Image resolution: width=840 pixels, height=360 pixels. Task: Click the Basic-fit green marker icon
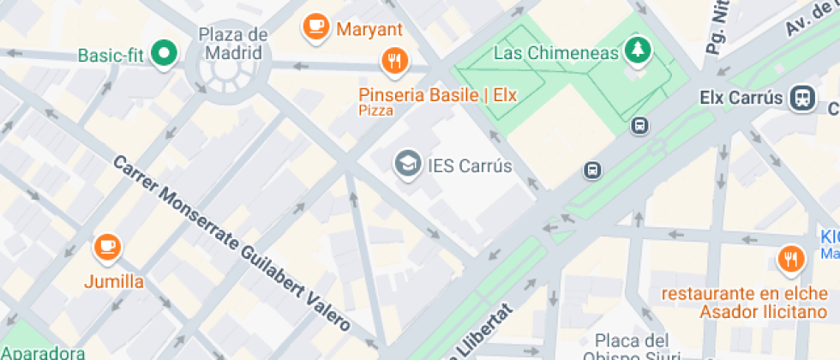pos(163,55)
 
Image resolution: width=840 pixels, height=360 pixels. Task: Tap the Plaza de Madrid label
pos(231,43)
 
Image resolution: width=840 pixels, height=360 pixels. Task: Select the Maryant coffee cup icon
pos(315,27)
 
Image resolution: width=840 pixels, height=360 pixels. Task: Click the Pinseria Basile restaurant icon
pos(394,60)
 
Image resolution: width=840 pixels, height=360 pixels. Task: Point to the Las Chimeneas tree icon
pos(637,51)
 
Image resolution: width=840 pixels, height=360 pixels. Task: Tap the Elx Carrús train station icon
pos(803,97)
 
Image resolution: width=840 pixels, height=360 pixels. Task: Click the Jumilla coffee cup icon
pos(106,247)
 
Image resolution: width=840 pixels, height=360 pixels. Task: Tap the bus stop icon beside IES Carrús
pos(592,170)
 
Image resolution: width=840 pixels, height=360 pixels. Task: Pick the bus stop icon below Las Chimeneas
pos(639,126)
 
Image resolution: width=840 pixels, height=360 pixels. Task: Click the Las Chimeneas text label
pos(555,53)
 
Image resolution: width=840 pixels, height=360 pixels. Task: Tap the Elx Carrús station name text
pos(741,98)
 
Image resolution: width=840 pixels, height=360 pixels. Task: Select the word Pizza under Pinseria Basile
pos(375,111)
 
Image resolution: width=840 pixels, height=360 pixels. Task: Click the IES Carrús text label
pos(469,165)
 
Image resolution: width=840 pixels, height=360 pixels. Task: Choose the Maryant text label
pos(369,29)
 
